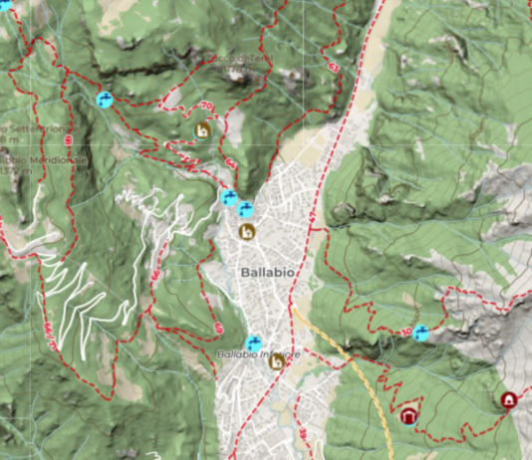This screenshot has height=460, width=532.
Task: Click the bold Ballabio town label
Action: (264, 271)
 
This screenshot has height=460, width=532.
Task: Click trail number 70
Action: (207, 107)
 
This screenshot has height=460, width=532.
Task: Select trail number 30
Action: (408, 331)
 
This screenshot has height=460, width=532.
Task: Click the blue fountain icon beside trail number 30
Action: (421, 333)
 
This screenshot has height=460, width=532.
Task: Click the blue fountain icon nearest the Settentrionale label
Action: (104, 100)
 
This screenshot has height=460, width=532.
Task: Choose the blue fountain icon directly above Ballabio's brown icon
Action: (245, 209)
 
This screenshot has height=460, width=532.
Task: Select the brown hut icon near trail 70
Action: (202, 130)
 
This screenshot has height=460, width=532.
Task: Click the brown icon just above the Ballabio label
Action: (247, 232)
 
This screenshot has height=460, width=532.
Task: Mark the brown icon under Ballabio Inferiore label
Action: (277, 363)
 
